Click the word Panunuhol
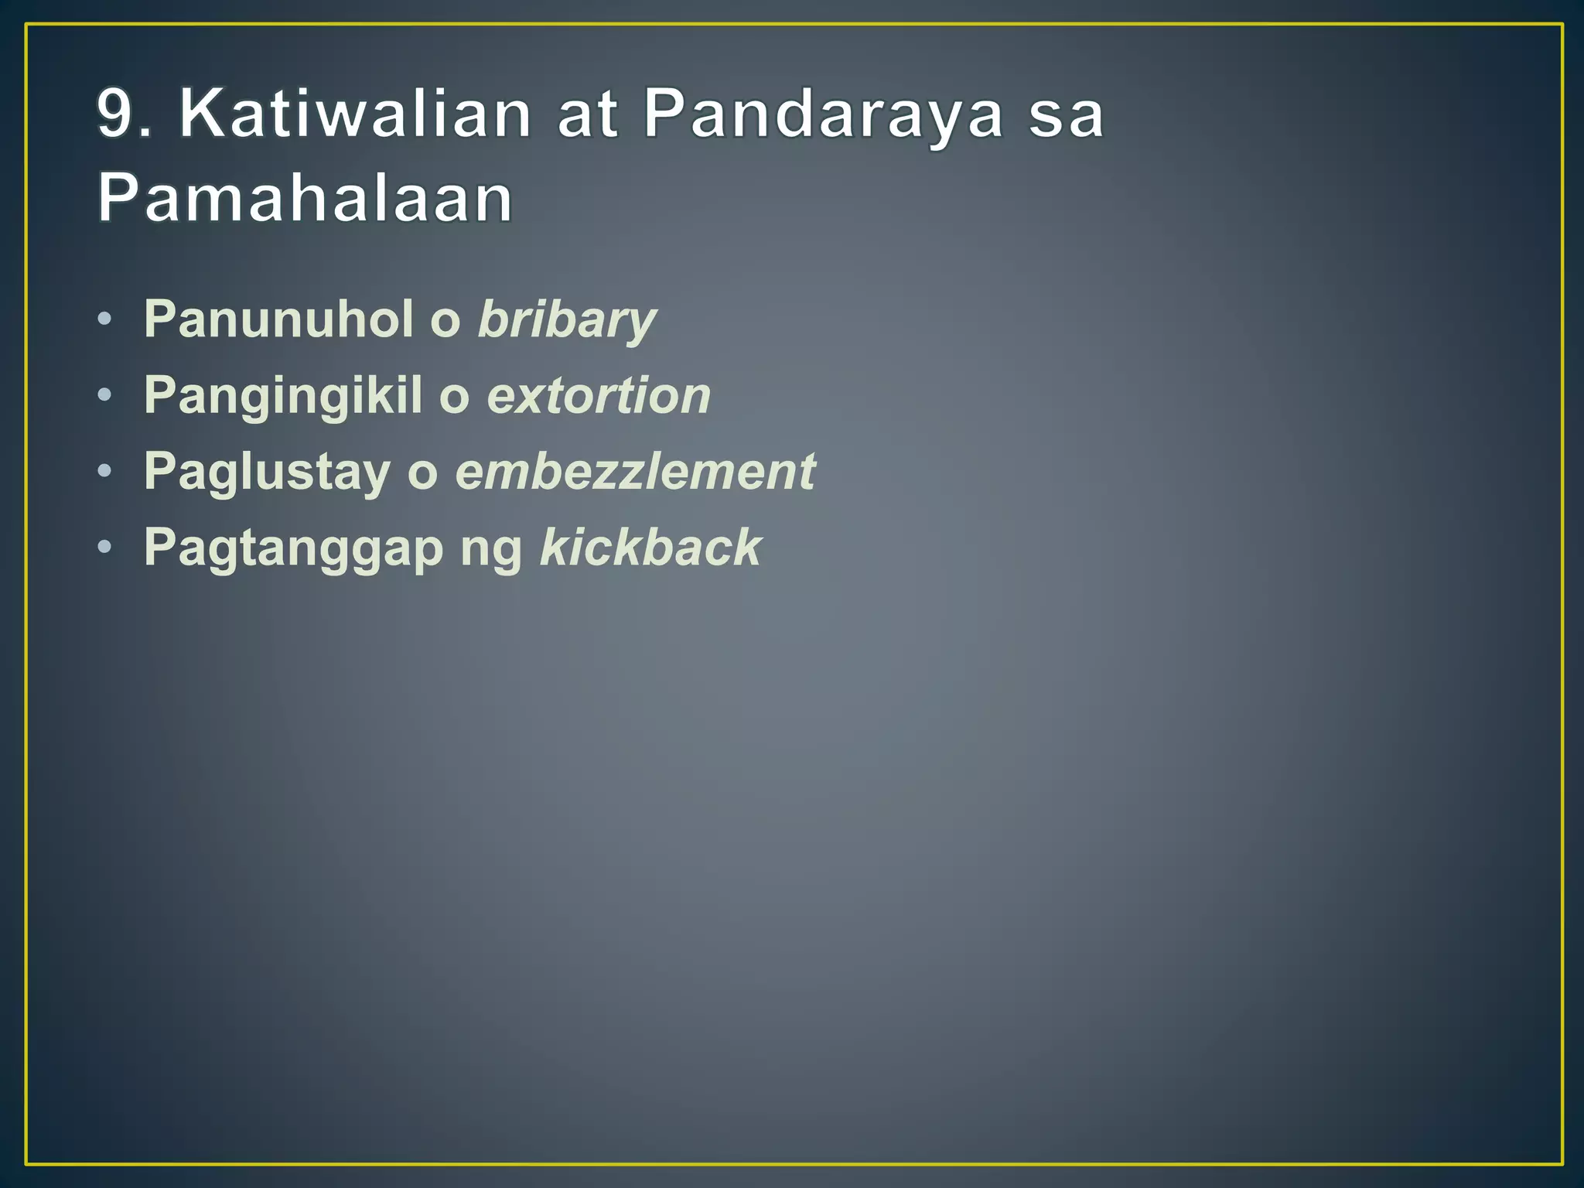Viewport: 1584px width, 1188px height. click(278, 319)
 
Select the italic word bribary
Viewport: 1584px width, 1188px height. click(567, 320)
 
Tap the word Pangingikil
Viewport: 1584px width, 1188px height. click(283, 395)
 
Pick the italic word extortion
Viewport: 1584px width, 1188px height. click(599, 395)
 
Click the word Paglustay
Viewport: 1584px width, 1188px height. click(267, 471)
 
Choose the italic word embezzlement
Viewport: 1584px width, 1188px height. click(635, 471)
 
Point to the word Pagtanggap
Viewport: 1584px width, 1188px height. click(293, 548)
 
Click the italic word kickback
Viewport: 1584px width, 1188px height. click(650, 547)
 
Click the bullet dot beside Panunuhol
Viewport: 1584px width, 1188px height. click(105, 319)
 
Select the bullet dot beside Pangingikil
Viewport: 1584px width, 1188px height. click(105, 395)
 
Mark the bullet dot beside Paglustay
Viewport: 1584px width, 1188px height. click(105, 471)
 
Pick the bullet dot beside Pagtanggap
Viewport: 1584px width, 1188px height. click(105, 547)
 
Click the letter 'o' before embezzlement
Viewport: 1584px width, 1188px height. click(422, 474)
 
